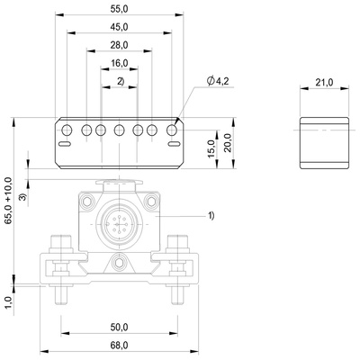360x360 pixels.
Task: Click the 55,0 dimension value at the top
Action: click(x=120, y=8)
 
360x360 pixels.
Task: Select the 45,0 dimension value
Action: click(x=120, y=27)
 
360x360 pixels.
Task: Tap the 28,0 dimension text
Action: click(x=120, y=45)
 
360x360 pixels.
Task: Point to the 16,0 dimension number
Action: click(x=120, y=64)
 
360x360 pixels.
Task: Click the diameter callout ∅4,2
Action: click(x=220, y=81)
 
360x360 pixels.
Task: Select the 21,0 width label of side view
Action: click(x=324, y=82)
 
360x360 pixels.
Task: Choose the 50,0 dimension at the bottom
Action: click(x=120, y=328)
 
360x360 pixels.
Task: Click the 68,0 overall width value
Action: click(x=120, y=345)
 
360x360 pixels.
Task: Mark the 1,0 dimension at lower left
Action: click(x=8, y=302)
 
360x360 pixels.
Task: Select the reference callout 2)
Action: click(x=120, y=82)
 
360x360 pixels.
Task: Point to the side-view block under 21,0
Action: click(x=324, y=141)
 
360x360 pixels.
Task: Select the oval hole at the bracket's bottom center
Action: click(x=120, y=264)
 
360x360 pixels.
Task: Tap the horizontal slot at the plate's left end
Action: click(x=66, y=141)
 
